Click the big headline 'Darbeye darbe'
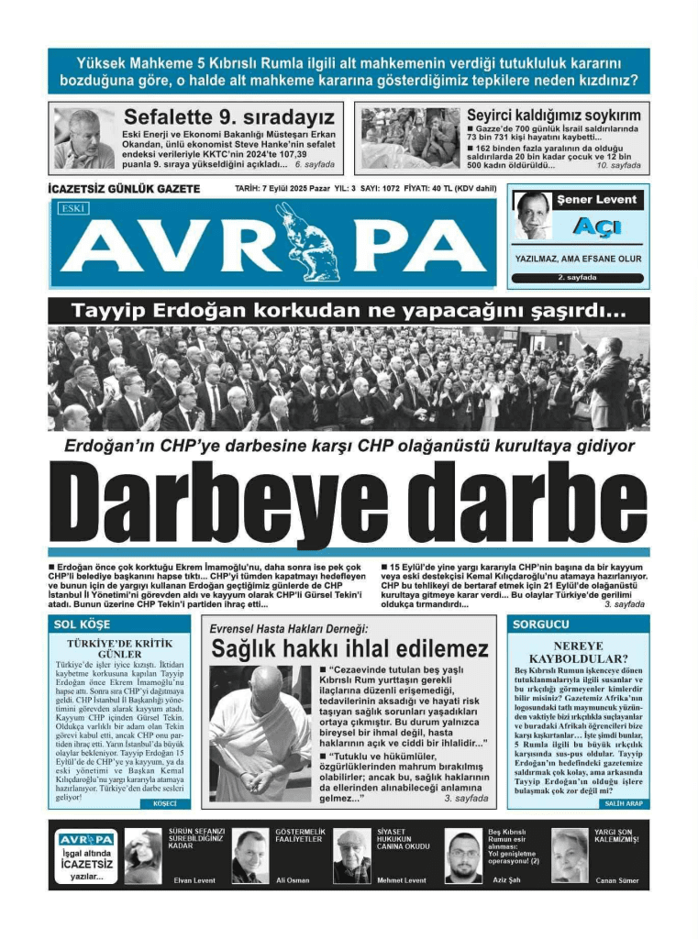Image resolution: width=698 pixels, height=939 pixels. [349, 504]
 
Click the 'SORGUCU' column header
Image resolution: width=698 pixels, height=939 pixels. [538, 624]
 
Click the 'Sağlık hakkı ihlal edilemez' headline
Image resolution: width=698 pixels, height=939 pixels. [349, 649]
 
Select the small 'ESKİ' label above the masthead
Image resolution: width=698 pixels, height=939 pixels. [72, 209]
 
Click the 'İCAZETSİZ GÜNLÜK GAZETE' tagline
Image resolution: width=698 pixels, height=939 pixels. [123, 189]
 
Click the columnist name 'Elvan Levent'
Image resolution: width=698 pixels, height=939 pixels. [194, 880]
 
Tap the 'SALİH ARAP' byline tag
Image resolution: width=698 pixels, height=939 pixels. [624, 803]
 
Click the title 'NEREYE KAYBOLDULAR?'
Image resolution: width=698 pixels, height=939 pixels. [578, 652]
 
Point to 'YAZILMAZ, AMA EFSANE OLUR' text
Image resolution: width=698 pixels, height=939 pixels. [578, 259]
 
